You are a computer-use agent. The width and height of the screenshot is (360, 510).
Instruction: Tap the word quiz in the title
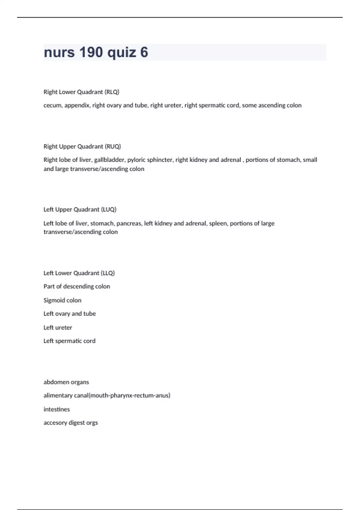point(121,52)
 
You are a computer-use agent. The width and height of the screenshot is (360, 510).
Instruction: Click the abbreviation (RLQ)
point(112,92)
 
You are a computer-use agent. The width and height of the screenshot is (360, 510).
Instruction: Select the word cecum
point(52,105)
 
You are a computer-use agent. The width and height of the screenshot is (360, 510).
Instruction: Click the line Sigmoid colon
point(62,300)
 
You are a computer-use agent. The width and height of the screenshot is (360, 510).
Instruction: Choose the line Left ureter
point(58,328)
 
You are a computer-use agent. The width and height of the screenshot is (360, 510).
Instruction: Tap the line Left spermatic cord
point(69,341)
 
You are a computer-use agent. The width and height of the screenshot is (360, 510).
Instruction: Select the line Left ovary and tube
point(70,314)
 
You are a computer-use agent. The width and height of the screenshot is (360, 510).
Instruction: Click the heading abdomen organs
point(66,382)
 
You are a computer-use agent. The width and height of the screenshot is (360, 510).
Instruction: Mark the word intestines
point(57,409)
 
